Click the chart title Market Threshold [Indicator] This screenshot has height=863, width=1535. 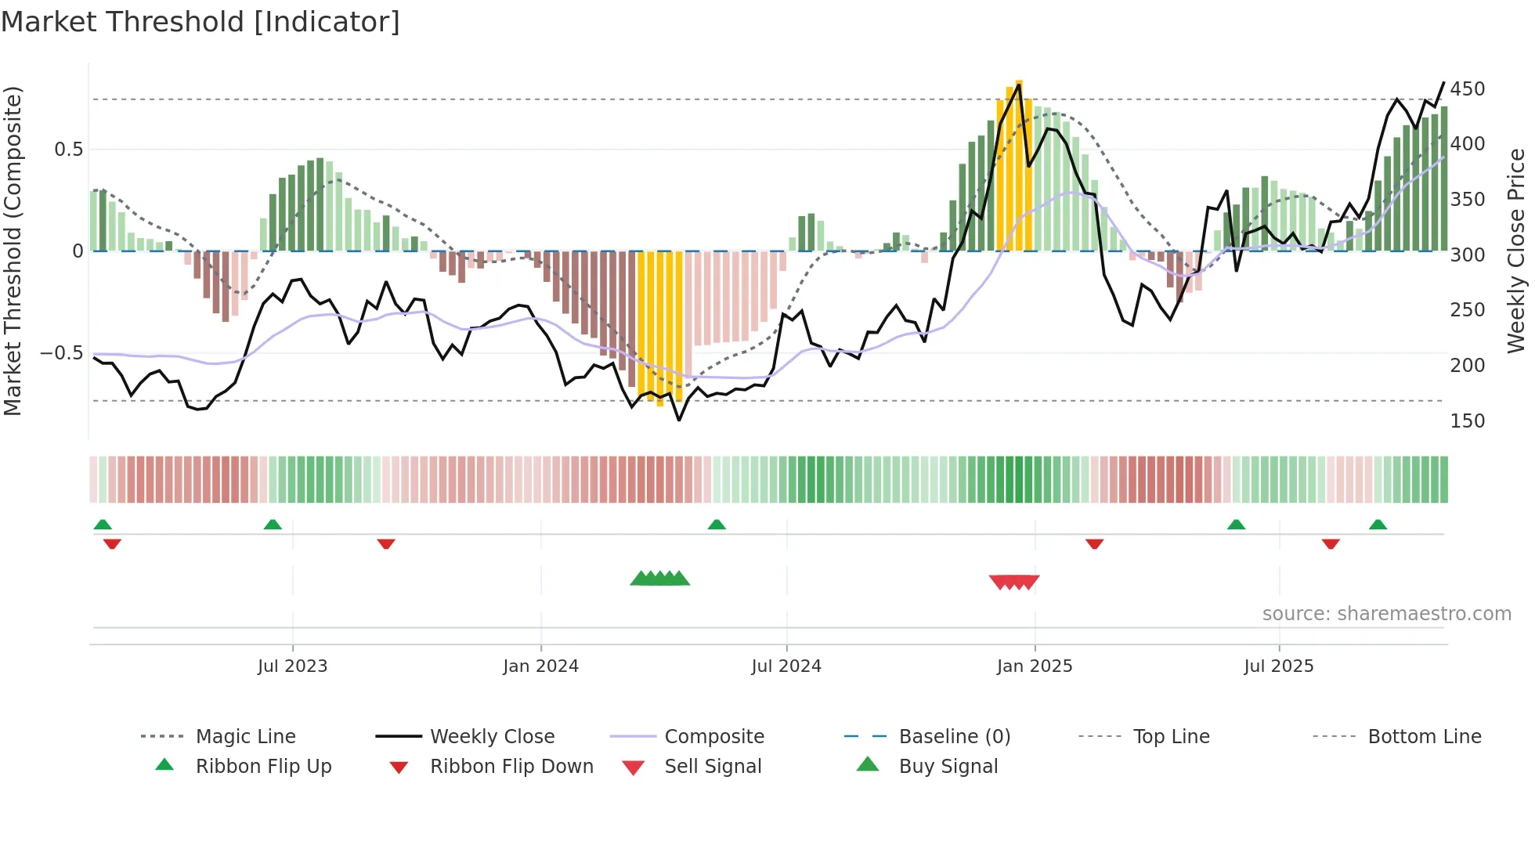pyautogui.click(x=200, y=22)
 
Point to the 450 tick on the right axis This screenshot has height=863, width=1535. pyautogui.click(x=1467, y=89)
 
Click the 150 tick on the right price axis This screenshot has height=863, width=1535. pyautogui.click(x=1467, y=421)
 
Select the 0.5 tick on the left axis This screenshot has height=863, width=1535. pyautogui.click(x=68, y=150)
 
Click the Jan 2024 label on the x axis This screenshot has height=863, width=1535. pyautogui.click(x=540, y=666)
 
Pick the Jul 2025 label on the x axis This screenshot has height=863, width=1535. pyautogui.click(x=1278, y=666)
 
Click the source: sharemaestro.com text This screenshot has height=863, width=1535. pyautogui.click(x=1386, y=614)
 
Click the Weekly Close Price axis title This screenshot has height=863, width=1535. pyautogui.click(x=1516, y=251)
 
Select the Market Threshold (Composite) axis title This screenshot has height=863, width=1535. pyautogui.click(x=13, y=251)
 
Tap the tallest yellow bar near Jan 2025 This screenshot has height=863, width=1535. pyautogui.click(x=1019, y=164)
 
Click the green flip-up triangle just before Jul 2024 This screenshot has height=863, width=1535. pyautogui.click(x=717, y=525)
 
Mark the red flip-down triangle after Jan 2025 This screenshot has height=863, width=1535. pyautogui.click(x=1094, y=543)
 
